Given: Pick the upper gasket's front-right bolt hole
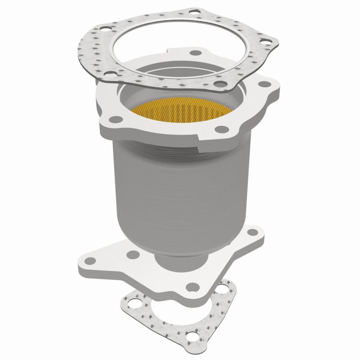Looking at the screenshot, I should (219, 84).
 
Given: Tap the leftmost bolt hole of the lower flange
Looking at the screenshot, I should (86, 260).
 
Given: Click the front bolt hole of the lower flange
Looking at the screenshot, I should (193, 285).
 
